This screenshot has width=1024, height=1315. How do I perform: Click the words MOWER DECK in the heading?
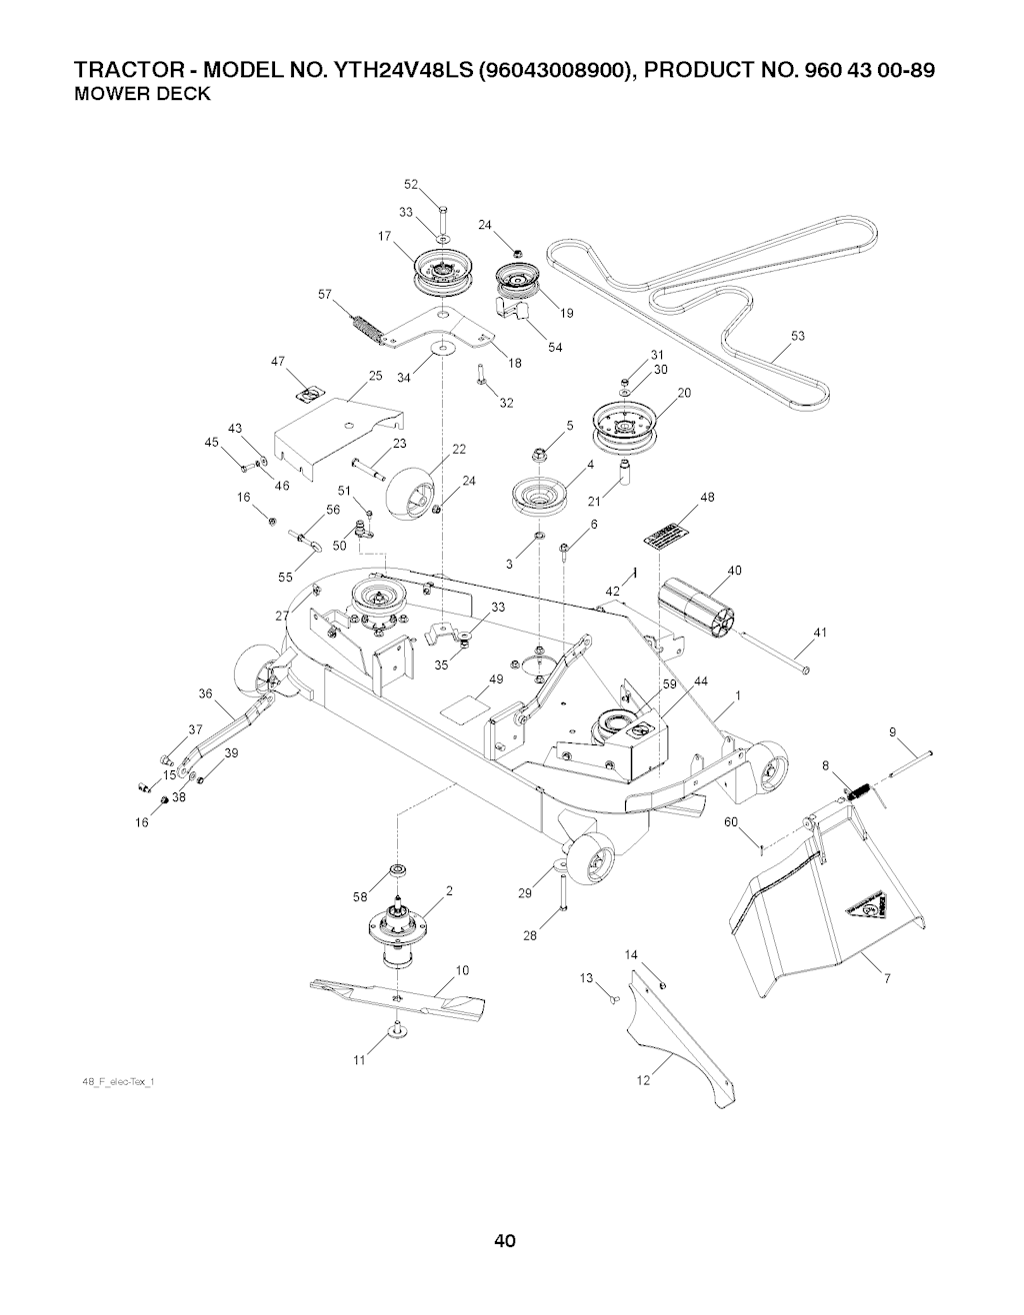(x=143, y=95)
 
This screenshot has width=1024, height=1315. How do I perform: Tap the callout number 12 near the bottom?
(x=643, y=1080)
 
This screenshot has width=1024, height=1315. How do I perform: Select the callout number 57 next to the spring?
(x=324, y=294)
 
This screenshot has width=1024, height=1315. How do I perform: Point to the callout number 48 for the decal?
(x=708, y=497)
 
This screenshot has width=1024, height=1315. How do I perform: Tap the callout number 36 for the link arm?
(x=205, y=693)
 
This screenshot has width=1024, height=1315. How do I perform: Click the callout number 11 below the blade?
(x=360, y=1061)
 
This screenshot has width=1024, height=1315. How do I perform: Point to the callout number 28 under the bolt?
(x=531, y=936)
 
